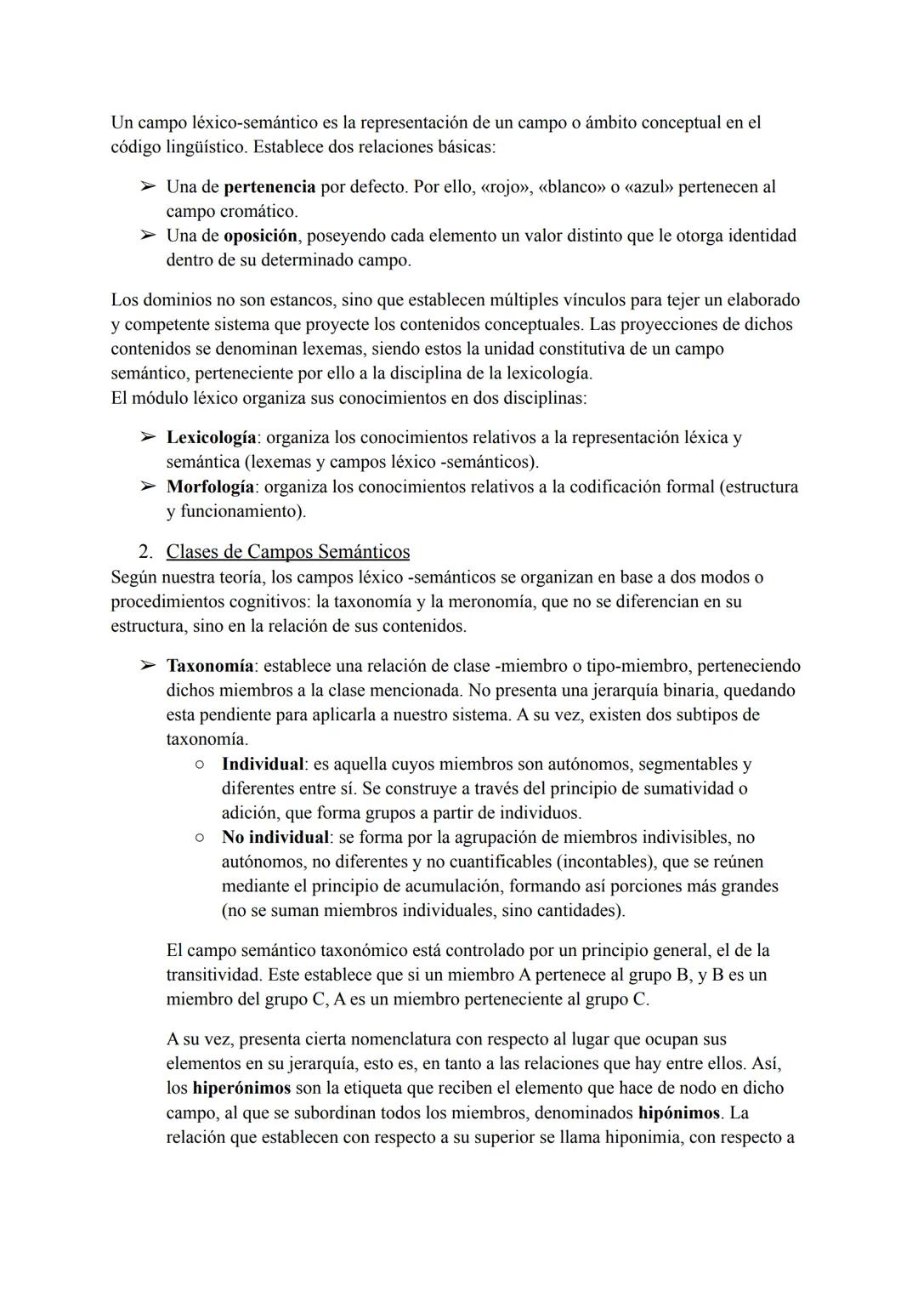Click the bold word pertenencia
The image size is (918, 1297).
click(x=269, y=186)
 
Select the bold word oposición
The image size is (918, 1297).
click(x=260, y=236)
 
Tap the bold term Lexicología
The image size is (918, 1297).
click(x=211, y=438)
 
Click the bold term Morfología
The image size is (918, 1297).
click(x=210, y=487)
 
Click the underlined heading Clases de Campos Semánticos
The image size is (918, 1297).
click(x=287, y=552)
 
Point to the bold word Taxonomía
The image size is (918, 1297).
click(x=209, y=666)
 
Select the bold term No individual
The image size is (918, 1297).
click(x=275, y=838)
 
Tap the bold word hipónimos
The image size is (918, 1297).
click(x=678, y=1113)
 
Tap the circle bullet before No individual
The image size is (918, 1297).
click(x=197, y=838)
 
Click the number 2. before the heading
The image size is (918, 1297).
click(x=145, y=552)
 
